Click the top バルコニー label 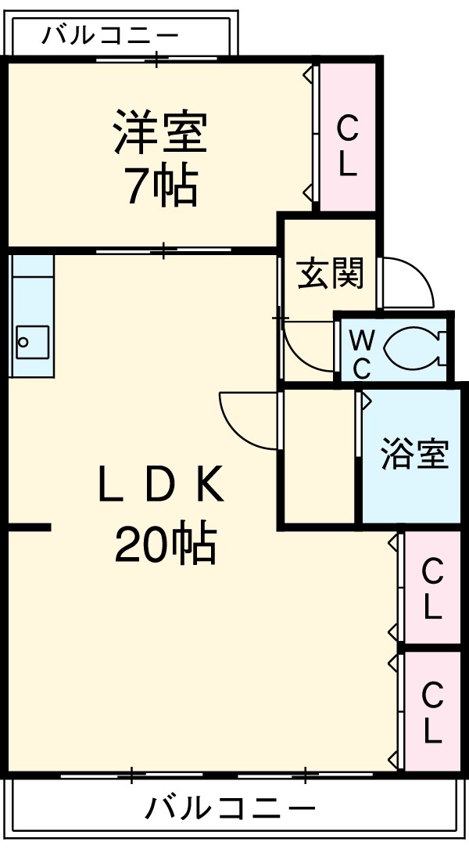(x=110, y=36)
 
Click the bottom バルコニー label (x=231, y=807)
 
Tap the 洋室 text (x=160, y=133)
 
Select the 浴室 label (x=414, y=455)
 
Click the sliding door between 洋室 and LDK (x=163, y=251)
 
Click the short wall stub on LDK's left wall (x=30, y=528)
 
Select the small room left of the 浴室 (x=318, y=455)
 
